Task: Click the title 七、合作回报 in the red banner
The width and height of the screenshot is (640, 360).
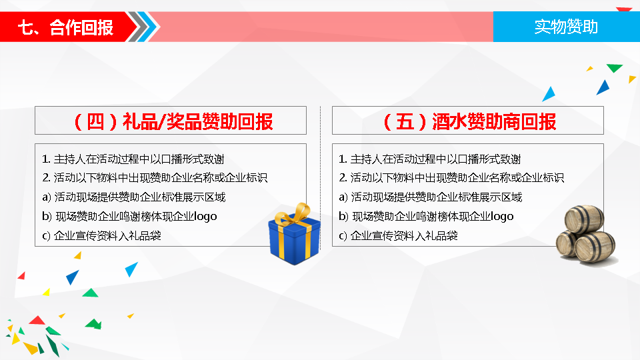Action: [x=65, y=28]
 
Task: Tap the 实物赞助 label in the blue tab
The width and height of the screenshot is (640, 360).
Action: [x=566, y=27]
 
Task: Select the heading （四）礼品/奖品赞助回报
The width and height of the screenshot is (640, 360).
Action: [x=173, y=121]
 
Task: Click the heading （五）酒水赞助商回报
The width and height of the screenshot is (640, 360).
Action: [x=469, y=121]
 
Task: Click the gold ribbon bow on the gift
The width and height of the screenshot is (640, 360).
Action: [x=294, y=214]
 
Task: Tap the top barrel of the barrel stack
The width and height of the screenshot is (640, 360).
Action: [x=585, y=219]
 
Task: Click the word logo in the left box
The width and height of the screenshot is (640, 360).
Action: [x=205, y=216]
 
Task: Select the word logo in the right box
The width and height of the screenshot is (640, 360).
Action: [x=502, y=216]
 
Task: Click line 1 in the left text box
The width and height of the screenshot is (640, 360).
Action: [x=133, y=159]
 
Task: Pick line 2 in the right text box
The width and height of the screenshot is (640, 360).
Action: [x=451, y=177]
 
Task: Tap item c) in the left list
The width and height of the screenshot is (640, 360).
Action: [x=101, y=235]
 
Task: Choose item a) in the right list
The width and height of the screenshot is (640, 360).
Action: [x=430, y=197]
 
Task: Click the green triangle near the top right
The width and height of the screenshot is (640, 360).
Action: [x=614, y=68]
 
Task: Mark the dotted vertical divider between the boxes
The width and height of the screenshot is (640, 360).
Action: [x=321, y=177]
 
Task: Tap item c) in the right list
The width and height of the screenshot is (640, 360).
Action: [x=399, y=235]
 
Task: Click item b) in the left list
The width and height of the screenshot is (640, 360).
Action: [x=129, y=216]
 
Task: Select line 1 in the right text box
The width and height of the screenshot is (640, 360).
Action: [x=430, y=159]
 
